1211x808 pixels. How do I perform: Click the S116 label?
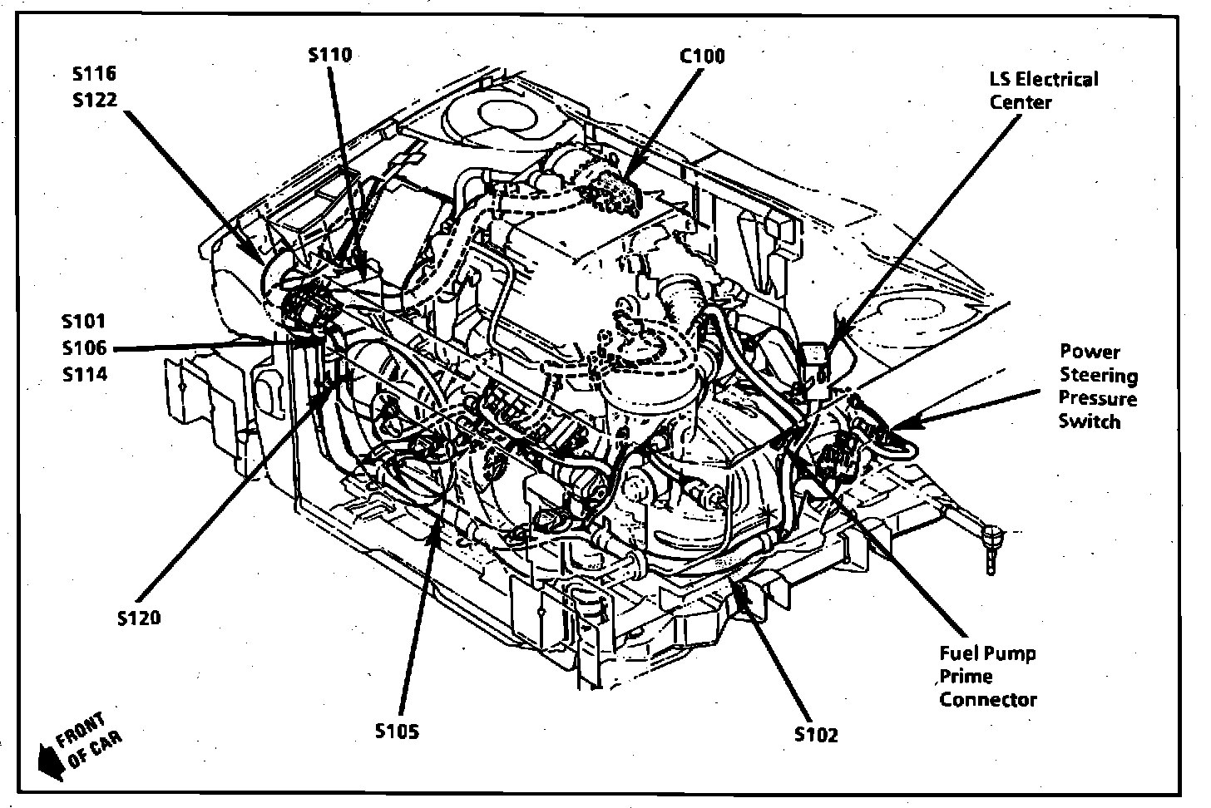click(94, 74)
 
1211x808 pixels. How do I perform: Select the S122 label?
click(94, 100)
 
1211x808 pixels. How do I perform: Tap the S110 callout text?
click(329, 55)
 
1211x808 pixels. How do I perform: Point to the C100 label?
click(702, 56)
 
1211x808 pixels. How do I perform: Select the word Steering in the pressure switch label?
click(1098, 375)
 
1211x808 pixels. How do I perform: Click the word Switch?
click(1089, 421)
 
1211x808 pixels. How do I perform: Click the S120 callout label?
click(139, 618)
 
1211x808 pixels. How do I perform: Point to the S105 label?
click(397, 732)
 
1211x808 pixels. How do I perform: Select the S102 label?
click(816, 735)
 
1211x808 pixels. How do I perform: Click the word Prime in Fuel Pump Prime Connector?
click(966, 677)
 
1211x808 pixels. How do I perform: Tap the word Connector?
click(988, 699)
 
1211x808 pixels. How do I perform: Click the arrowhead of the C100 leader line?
click(630, 178)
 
